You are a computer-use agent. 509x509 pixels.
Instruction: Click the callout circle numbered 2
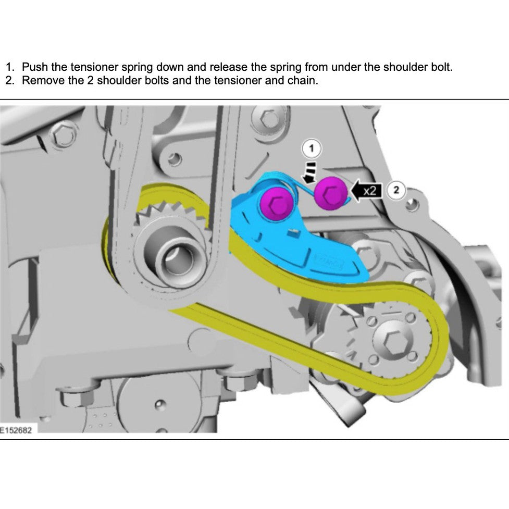pyautogui.click(x=396, y=190)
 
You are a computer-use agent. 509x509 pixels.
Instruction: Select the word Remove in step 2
pyautogui.click(x=43, y=81)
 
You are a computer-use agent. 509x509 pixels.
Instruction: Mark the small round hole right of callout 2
pyautogui.click(x=413, y=205)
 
